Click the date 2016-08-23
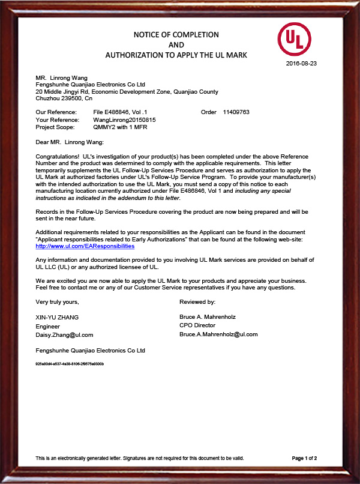[301, 63]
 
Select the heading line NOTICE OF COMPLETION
[176, 34]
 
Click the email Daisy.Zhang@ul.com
[65, 334]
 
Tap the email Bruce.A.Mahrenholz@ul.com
[218, 334]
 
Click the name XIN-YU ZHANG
[58, 316]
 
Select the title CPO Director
[197, 325]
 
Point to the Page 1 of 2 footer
[304, 458]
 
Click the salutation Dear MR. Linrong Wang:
[70, 142]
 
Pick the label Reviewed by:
[197, 301]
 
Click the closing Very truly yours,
[58, 301]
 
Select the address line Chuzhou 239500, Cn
[64, 98]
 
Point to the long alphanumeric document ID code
[70, 364]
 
